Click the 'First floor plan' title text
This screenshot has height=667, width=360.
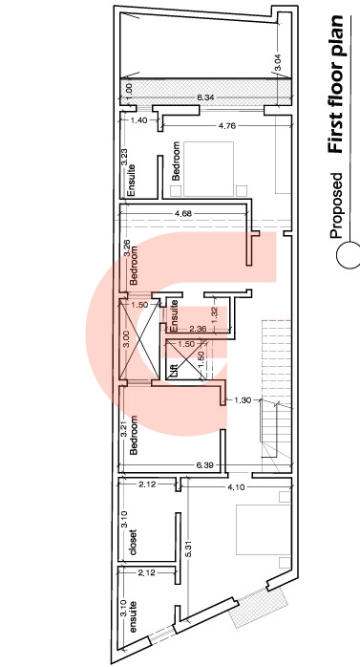click(x=335, y=84)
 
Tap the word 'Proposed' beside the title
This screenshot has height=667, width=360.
click(x=336, y=205)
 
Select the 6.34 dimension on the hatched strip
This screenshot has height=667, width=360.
click(x=205, y=97)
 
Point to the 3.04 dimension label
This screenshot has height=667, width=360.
click(x=278, y=62)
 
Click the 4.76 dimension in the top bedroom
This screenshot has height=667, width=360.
click(x=227, y=126)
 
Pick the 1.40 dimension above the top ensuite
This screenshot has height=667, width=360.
click(x=138, y=120)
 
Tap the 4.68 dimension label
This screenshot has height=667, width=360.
click(x=183, y=213)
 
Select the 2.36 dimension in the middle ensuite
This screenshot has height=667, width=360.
click(x=198, y=329)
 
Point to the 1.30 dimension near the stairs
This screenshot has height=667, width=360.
click(x=243, y=399)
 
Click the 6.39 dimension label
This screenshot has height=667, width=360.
click(x=204, y=465)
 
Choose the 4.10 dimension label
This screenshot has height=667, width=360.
click(x=236, y=487)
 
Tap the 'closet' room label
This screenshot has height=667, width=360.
click(x=134, y=543)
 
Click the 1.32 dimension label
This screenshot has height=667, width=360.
click(x=214, y=314)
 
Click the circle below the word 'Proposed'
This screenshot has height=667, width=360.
click(x=349, y=255)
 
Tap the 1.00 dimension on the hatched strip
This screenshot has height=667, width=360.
click(x=130, y=89)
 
